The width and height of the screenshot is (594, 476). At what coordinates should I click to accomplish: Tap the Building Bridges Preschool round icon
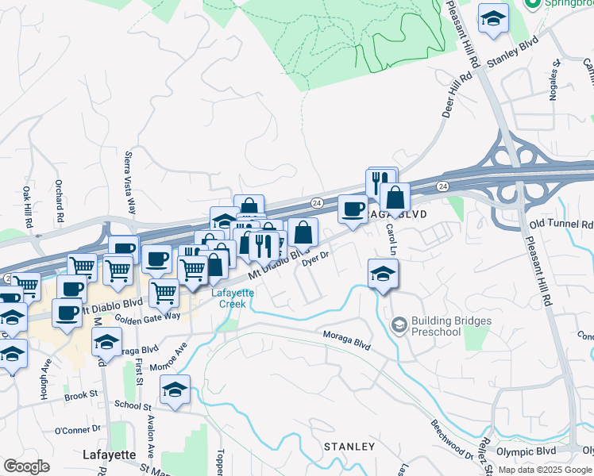coord(399,325)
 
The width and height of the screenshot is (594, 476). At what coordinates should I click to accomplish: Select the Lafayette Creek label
coord(232,297)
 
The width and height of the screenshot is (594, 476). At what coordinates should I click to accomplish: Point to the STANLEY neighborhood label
coord(349,447)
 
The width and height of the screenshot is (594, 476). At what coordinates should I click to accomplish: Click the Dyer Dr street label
coord(315,260)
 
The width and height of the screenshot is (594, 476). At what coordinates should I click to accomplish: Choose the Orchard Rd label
coord(59,201)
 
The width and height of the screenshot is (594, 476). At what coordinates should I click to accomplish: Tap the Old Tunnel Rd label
coord(561,225)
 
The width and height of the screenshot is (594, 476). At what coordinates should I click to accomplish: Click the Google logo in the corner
coord(26,466)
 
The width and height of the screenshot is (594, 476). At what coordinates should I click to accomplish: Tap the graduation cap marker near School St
coord(175,390)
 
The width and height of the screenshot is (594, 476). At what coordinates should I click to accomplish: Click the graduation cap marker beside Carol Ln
coord(384,274)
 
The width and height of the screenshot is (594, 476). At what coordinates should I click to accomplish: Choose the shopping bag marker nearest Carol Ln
coord(395,198)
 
